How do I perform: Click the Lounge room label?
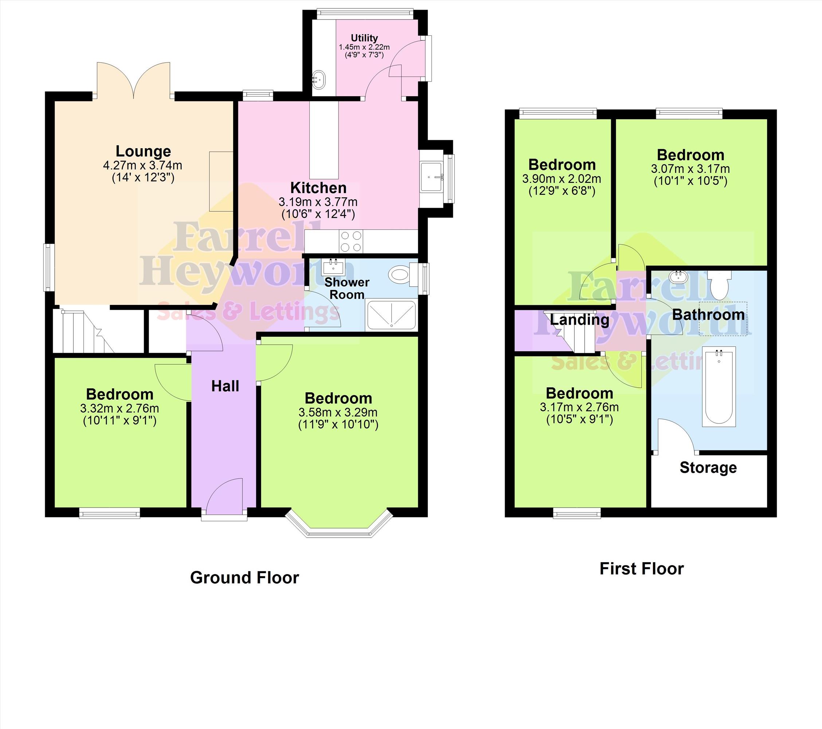143,151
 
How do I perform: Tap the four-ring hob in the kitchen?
351,241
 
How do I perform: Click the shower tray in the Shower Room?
391,314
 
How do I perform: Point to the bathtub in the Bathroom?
719,387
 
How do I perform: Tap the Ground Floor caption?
244,578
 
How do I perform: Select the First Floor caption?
641,569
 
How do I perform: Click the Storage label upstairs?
708,468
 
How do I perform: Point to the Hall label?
225,386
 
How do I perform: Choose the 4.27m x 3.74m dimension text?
143,165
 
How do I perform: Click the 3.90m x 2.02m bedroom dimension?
562,179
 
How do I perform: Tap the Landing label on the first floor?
579,320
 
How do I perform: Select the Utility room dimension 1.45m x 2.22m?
364,47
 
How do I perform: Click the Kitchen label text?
318,188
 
